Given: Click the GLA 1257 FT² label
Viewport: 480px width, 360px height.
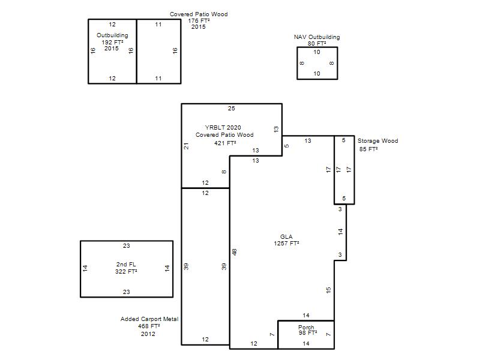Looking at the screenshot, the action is click(x=286, y=240).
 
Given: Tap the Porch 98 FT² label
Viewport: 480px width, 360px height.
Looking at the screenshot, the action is click(x=307, y=330).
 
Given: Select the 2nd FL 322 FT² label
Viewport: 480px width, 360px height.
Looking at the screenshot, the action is click(x=126, y=268).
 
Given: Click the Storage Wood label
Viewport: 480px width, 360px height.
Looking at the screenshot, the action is click(x=378, y=141).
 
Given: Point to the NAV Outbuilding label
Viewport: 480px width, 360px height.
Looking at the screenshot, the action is click(x=317, y=37).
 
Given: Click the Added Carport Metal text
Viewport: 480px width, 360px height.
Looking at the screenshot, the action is click(x=149, y=319).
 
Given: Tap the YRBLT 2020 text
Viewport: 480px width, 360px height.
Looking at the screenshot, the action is click(x=223, y=127).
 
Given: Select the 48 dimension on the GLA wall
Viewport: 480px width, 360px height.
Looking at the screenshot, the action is click(x=235, y=252).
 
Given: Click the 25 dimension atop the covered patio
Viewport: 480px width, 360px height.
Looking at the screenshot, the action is click(x=232, y=109).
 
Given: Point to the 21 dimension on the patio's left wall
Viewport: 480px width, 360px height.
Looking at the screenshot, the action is click(x=186, y=146).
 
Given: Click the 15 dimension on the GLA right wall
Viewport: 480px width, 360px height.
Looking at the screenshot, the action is click(x=328, y=290).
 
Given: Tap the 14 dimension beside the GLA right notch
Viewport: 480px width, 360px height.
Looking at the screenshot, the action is click(x=341, y=232).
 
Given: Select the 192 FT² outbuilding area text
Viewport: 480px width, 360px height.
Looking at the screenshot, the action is click(x=112, y=42).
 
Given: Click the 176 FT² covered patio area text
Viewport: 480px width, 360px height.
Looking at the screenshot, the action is click(x=199, y=20).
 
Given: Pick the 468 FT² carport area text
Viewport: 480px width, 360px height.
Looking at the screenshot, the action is click(x=149, y=326).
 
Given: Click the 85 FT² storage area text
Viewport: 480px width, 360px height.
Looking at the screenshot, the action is click(x=368, y=149).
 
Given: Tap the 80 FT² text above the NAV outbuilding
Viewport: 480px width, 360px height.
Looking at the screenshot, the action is click(x=317, y=43).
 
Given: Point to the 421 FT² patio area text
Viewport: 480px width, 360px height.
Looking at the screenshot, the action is click(x=225, y=143).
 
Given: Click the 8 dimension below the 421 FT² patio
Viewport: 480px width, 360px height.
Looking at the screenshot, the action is click(x=224, y=172).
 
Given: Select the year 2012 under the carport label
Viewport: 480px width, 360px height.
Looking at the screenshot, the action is click(x=148, y=334).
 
